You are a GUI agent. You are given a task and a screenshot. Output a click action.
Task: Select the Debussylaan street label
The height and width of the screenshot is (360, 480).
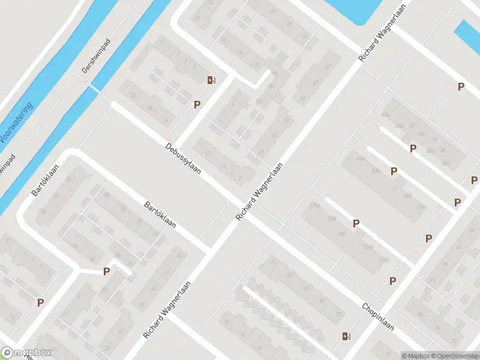tap(184, 158)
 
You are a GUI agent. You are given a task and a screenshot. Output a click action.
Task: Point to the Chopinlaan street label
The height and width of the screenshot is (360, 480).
tap(377, 316)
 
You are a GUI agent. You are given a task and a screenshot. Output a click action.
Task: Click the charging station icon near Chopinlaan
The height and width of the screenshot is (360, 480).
tap(346, 336)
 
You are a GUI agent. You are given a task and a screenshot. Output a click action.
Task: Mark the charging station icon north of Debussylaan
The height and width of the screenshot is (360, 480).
tap(211, 80)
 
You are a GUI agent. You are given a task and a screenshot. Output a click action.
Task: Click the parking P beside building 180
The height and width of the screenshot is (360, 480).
tap(356, 224)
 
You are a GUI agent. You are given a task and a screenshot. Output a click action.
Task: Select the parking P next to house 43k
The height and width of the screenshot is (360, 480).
tap(394, 171)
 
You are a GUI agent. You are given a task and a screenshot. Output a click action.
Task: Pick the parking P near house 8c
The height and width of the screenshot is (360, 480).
tap(106, 271)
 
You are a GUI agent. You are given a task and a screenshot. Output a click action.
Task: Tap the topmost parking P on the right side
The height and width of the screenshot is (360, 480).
tap(461, 86)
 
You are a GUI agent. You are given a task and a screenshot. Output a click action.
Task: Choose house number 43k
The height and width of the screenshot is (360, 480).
tap(376, 171)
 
